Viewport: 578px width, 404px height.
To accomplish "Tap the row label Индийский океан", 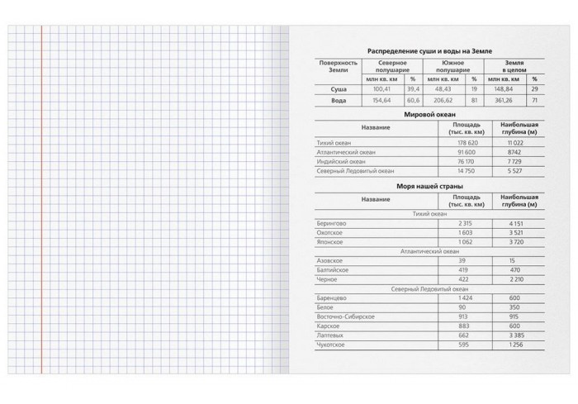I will coord(341,162).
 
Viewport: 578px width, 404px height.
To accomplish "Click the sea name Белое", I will coord(327,307).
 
